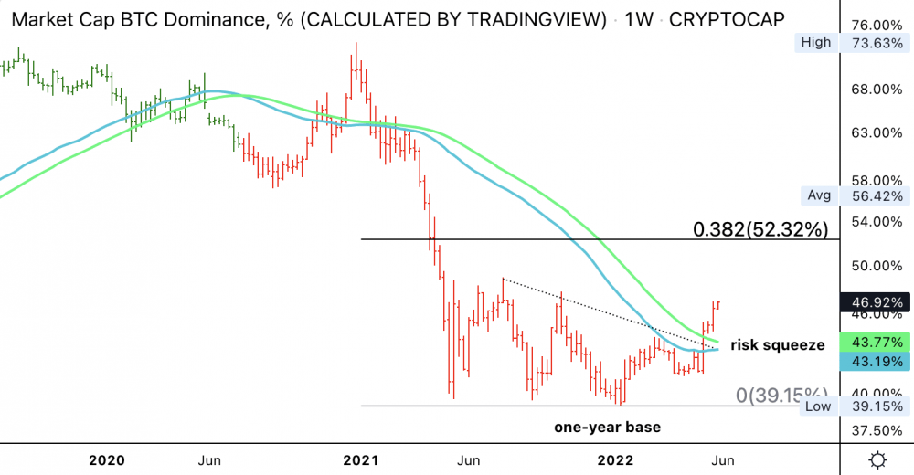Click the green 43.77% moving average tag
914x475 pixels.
876,342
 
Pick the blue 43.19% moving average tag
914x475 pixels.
876,362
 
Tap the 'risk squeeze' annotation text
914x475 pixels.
779,344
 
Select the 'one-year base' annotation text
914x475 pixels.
608,427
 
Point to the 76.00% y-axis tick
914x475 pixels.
876,25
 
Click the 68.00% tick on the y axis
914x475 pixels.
876,89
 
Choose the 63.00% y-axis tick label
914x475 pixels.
876,132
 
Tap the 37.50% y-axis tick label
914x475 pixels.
876,429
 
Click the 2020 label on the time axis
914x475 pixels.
107,459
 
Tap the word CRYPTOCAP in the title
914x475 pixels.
728,18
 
